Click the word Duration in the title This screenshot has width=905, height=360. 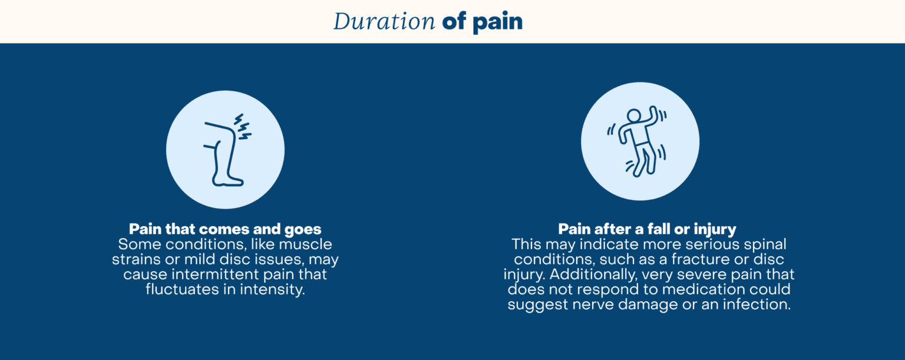(x=384, y=22)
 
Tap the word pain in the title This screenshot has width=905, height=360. (x=497, y=22)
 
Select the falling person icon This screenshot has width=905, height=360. (x=640, y=142)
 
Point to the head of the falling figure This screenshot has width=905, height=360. (x=633, y=115)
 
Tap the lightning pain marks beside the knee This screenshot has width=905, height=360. (x=243, y=127)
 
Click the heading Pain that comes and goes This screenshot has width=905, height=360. (x=225, y=229)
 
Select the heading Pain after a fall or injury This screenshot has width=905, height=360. (x=647, y=229)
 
